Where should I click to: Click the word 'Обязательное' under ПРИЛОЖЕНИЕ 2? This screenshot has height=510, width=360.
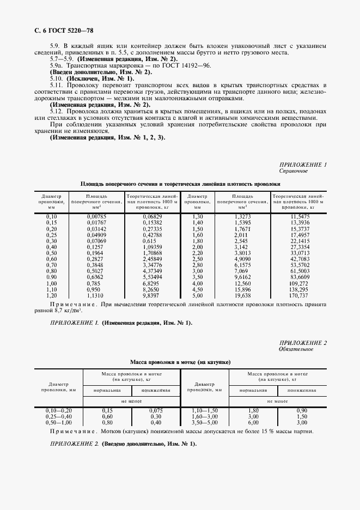pos(296,349)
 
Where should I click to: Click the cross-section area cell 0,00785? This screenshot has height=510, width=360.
pos(97,216)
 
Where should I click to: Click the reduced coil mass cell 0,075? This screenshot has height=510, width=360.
pos(156,410)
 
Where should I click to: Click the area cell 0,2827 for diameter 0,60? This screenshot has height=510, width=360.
pos(97,259)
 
